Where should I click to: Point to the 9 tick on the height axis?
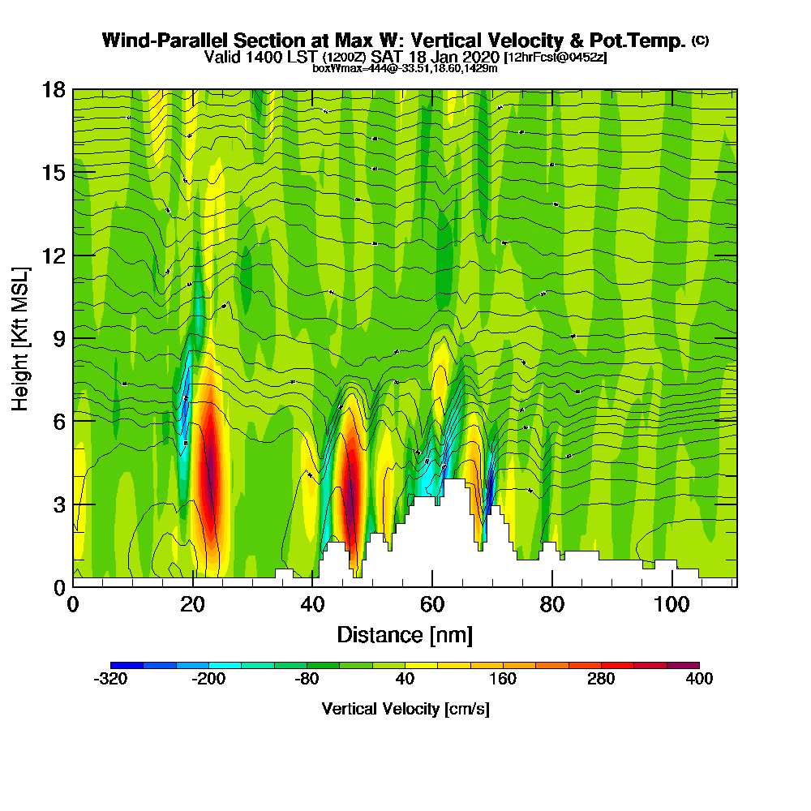[x=73, y=338]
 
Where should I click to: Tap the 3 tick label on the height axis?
[x=58, y=504]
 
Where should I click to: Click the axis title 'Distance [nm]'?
[x=405, y=634]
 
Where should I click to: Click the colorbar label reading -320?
[x=110, y=679]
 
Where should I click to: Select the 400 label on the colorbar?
[x=699, y=679]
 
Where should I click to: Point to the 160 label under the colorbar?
[x=503, y=679]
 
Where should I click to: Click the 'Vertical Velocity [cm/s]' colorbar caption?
[x=405, y=709]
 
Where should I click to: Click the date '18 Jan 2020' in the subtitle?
[x=459, y=57]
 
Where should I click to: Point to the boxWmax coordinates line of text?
[x=405, y=68]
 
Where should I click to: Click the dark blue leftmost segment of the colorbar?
[x=127, y=665]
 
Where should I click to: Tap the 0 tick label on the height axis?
[x=58, y=586]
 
